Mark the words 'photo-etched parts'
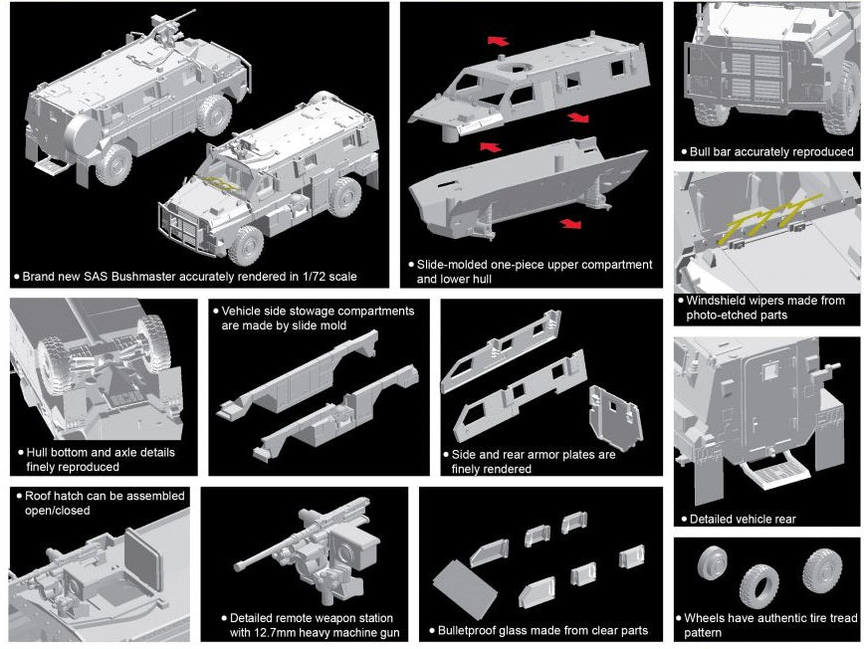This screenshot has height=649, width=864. [x=736, y=315]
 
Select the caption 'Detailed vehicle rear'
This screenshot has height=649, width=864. [x=743, y=519]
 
